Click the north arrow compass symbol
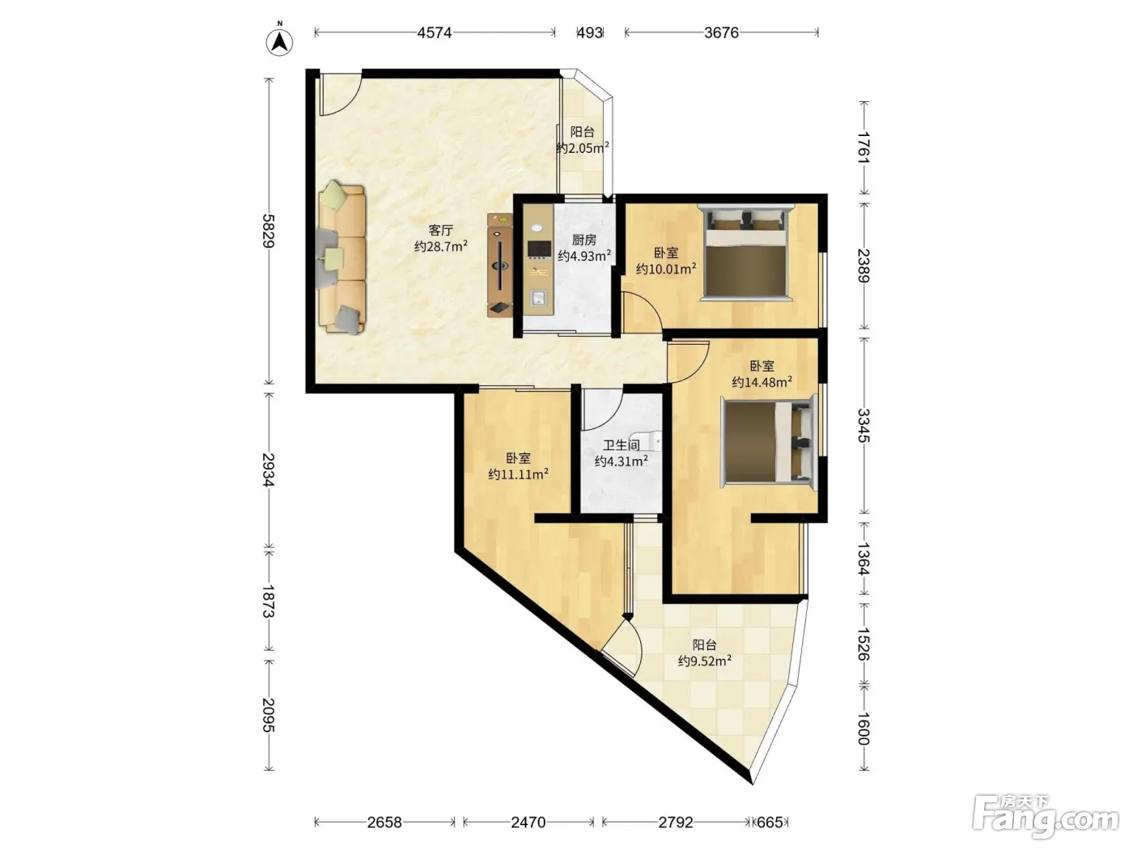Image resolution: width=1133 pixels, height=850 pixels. pos(279,40)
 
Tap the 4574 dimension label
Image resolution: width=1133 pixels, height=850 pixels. pos(434,32)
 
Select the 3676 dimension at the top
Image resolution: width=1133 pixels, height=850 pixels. pos(721,32)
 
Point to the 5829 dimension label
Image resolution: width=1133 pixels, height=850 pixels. pos(269,231)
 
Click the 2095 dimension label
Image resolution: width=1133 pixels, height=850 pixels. pos(269,715)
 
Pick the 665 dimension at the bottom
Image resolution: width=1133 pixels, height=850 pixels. pos(770,822)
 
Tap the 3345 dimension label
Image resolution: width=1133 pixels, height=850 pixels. pos(864,425)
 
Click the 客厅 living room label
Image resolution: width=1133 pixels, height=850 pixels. pos(441,230)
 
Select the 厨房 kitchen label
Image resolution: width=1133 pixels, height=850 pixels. pos(584,240)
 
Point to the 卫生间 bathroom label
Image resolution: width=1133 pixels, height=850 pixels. pos(622,445)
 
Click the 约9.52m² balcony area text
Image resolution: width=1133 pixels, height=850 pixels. pos(705,661)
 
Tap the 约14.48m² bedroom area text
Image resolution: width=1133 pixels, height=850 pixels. pos(762,382)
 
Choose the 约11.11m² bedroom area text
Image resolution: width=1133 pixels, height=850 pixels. pos(518,474)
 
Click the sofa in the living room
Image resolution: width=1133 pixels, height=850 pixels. pos(342,257)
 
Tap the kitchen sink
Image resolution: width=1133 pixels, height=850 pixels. pos(539,298)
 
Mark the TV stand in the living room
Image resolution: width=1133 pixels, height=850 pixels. pos(500,265)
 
